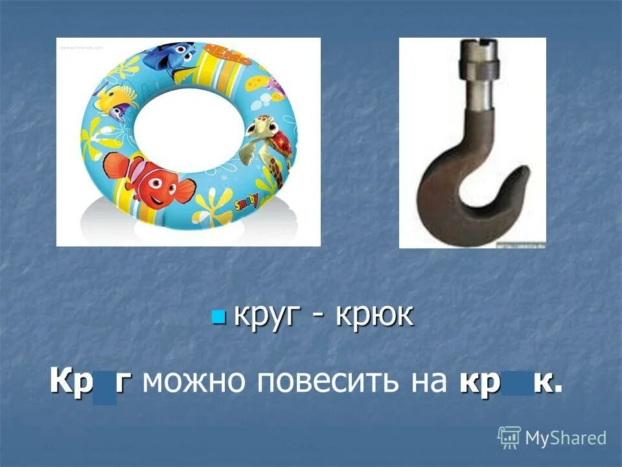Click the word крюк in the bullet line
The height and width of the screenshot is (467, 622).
click(x=374, y=316)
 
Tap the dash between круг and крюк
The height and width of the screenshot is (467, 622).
click(x=321, y=318)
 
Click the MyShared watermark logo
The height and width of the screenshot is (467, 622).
click(x=552, y=438)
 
